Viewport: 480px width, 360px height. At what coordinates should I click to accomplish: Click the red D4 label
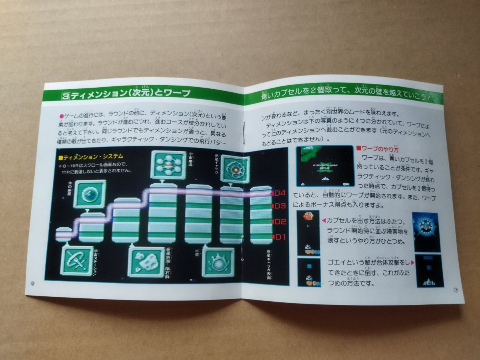[279, 193]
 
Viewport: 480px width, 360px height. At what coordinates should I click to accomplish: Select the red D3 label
[279, 206]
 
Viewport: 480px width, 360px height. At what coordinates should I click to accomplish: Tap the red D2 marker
[280, 222]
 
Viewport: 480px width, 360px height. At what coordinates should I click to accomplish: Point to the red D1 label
[280, 236]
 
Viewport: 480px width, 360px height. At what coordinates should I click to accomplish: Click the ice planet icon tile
[90, 194]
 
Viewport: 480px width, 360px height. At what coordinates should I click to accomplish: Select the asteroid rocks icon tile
[146, 262]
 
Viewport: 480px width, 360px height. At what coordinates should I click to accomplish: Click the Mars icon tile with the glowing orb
[218, 262]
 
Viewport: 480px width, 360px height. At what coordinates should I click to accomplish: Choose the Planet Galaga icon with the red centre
[235, 169]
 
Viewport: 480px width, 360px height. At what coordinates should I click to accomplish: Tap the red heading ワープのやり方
[375, 149]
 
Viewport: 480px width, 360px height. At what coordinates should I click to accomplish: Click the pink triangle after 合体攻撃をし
[412, 262]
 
